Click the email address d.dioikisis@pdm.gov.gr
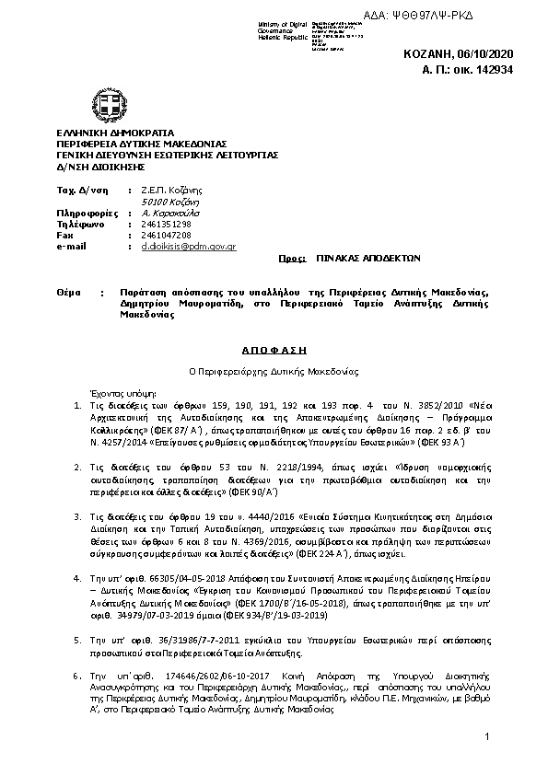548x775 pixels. pos(188,247)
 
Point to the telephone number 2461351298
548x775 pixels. pos(166,224)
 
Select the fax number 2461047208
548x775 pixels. pos(166,236)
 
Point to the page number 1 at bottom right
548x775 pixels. pos(486,737)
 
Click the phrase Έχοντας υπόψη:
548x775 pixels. pos(111,390)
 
